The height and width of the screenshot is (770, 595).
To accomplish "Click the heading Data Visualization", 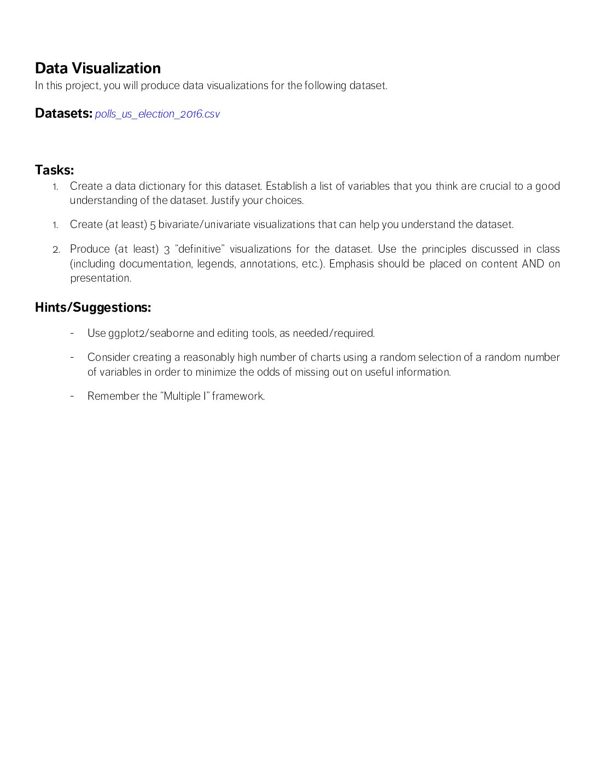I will [98, 68].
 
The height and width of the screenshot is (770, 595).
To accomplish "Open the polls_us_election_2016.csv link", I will [157, 114].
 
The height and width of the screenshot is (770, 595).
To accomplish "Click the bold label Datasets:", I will [63, 113].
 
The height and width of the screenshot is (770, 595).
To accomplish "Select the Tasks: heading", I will [54, 170].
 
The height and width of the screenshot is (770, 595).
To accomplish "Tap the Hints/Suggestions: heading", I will [93, 307].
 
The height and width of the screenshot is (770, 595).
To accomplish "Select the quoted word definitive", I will [200, 249].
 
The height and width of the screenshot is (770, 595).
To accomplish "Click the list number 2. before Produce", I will [56, 250].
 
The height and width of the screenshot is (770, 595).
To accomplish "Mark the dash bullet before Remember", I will [72, 395].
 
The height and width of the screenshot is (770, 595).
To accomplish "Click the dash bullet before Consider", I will [72, 357].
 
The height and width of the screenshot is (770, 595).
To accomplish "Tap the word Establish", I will [287, 186].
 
